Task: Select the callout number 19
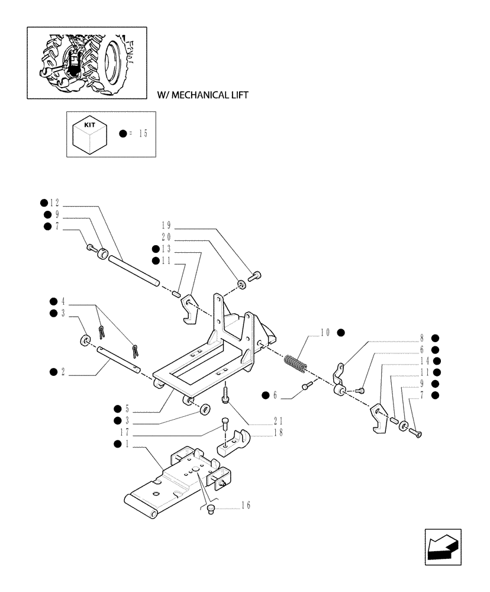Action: [166, 226]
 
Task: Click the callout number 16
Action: [246, 505]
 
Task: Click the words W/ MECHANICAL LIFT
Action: [202, 95]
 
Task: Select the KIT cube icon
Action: [89, 135]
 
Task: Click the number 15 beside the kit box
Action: [141, 134]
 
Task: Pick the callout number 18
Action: [278, 433]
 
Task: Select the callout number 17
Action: [124, 433]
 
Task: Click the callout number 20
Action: [166, 237]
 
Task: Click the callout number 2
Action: [63, 372]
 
